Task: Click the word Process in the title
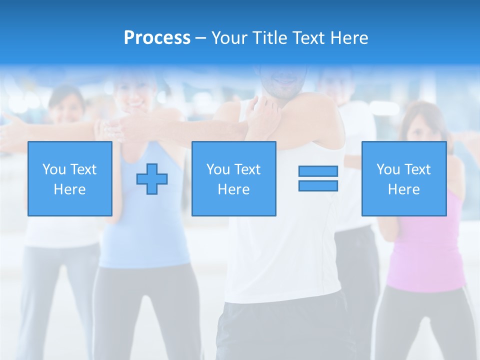coord(157,38)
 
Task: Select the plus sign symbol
coord(152,178)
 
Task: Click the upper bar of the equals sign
coord(318,171)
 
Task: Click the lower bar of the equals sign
coord(318,185)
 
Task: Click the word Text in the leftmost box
coord(83,169)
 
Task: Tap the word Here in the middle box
coord(233,189)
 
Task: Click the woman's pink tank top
coord(427,250)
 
